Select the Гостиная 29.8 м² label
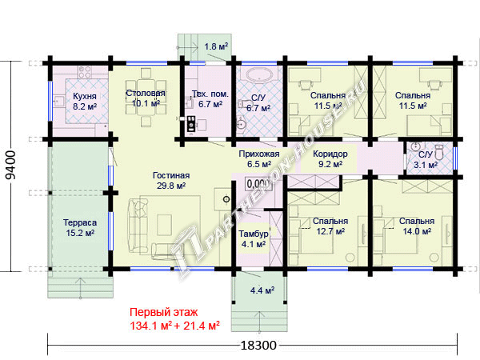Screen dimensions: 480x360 (x=171, y=180)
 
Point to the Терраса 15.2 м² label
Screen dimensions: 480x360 (x=80, y=227)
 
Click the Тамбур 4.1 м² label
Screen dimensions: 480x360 (x=254, y=238)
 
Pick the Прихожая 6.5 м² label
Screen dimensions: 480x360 (x=259, y=159)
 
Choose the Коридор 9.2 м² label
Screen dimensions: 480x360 (x=330, y=159)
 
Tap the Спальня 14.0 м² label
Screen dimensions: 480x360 (x=417, y=226)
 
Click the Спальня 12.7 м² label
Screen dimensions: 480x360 (x=330, y=226)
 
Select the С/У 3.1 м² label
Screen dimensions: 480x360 (x=426, y=160)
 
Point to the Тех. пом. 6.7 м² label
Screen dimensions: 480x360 (x=210, y=98)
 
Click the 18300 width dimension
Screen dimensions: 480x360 (x=258, y=346)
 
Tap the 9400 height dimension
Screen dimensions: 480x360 (x=11, y=165)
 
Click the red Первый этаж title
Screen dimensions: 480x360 (x=164, y=312)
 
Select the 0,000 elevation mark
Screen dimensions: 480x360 (x=258, y=184)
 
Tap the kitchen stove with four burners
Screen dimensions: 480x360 (x=85, y=73)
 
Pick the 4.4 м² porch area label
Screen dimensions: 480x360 (x=262, y=290)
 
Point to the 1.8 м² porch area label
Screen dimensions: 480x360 (x=216, y=46)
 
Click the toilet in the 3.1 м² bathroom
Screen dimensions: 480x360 (x=439, y=152)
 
